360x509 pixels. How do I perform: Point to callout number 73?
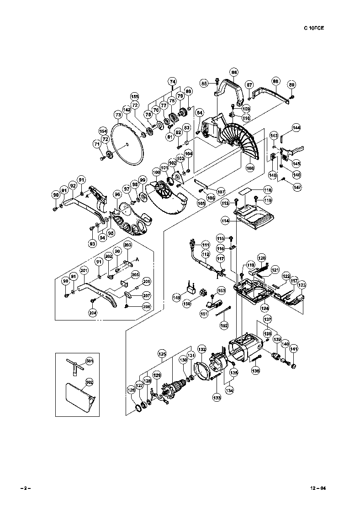click(117, 115)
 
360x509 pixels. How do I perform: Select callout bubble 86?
click(234, 72)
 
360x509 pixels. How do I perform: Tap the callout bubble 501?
click(90, 362)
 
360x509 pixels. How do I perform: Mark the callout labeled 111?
click(206, 244)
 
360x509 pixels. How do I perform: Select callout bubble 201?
click(84, 271)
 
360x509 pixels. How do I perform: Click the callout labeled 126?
click(131, 390)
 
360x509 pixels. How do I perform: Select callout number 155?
click(134, 96)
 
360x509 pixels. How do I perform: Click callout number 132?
click(201, 349)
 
